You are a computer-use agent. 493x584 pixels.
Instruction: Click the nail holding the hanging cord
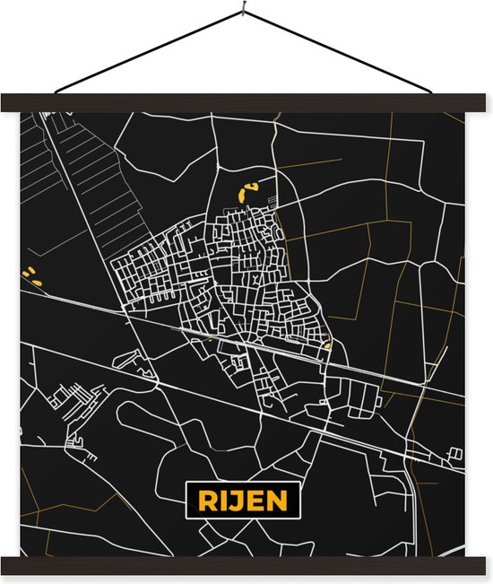coord(244,12)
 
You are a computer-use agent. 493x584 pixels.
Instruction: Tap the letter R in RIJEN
coord(200,498)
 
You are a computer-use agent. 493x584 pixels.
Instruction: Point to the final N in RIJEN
coord(275,498)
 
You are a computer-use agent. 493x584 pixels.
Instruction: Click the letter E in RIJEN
coord(251,498)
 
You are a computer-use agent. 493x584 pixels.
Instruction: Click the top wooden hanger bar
coord(246,102)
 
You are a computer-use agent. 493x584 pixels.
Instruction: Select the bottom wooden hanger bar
coord(246,565)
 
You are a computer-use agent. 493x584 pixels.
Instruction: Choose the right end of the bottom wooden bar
coord(485,565)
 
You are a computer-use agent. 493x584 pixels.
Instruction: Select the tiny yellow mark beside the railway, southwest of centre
coord(209,340)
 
